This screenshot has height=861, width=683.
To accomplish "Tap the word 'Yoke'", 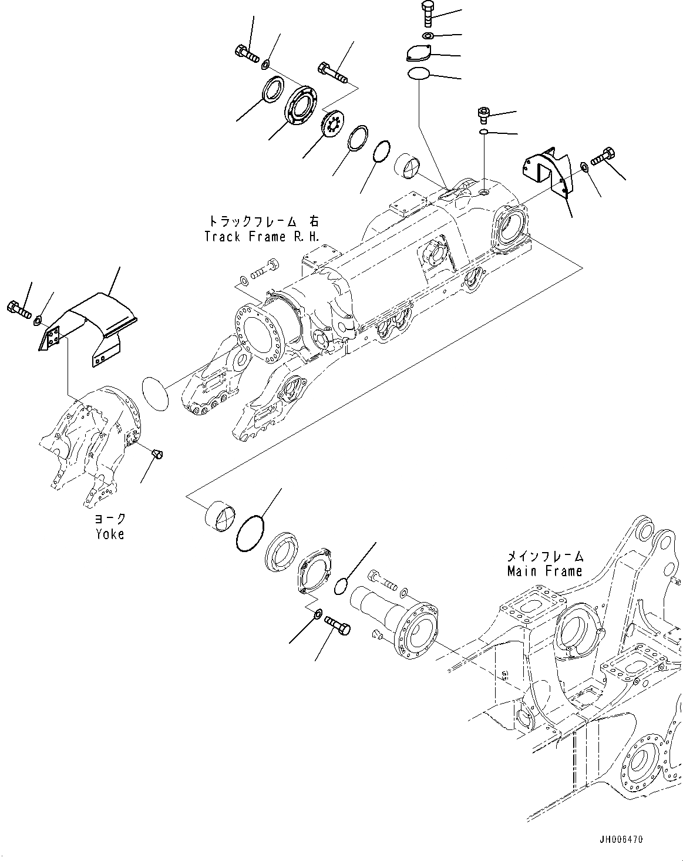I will tap(109, 534).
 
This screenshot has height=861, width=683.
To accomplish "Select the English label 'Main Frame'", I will tap(546, 570).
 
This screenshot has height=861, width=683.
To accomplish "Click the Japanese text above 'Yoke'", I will tap(110, 519).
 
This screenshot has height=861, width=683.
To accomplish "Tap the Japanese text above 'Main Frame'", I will tap(546, 556).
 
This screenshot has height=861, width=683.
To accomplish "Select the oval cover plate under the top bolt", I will tap(418, 53).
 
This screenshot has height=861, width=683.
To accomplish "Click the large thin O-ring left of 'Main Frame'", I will tap(249, 533).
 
